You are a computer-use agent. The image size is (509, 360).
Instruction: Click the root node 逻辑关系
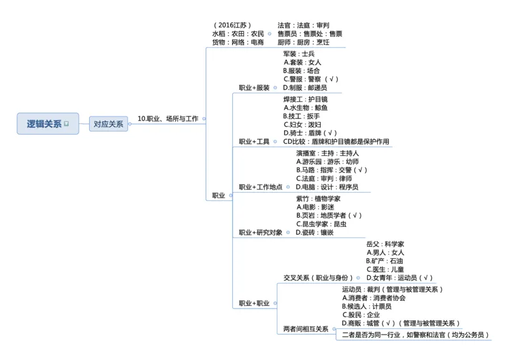pyautogui.click(x=44, y=123)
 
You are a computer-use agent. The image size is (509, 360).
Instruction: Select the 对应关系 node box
pyautogui.click(x=108, y=124)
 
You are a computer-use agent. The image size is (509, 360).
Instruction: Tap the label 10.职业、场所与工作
pyautogui.click(x=168, y=119)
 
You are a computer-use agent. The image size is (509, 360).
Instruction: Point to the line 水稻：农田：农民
pyautogui.click(x=238, y=34)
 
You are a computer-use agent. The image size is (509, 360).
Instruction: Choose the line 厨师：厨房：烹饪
pyautogui.click(x=303, y=43)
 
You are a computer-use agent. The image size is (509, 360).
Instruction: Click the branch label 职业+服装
pyautogui.click(x=254, y=88)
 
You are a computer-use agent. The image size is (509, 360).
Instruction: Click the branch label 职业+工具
pyautogui.click(x=254, y=142)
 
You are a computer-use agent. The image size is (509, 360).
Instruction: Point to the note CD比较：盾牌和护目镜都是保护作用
pyautogui.click(x=336, y=142)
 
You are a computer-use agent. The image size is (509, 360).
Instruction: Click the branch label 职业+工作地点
pyautogui.click(x=260, y=188)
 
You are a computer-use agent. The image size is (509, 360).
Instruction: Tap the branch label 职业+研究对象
pyautogui.click(x=260, y=233)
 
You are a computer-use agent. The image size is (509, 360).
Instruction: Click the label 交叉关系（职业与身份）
pyautogui.click(x=317, y=278)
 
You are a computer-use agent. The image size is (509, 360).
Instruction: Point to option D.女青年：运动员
pyautogui.click(x=400, y=278)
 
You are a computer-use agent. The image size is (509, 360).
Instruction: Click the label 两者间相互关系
pyautogui.click(x=305, y=329)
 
